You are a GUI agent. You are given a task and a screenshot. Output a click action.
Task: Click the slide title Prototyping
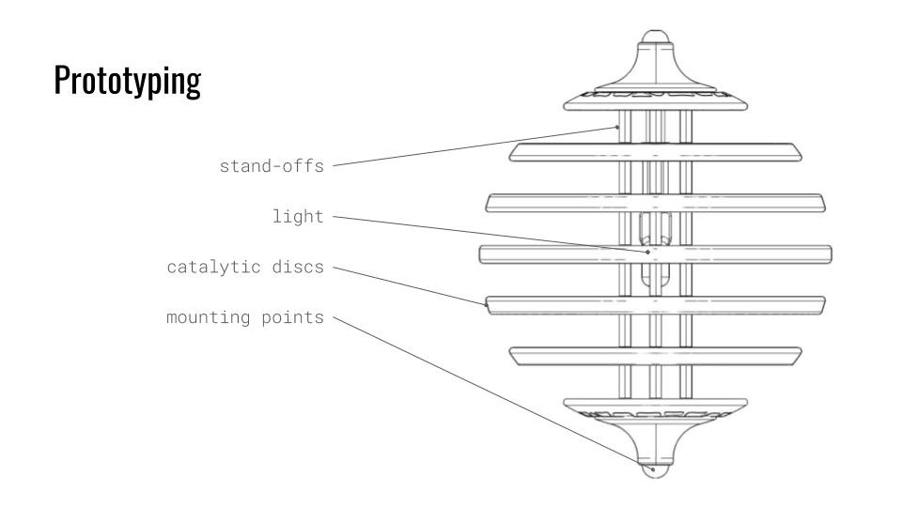[127, 83]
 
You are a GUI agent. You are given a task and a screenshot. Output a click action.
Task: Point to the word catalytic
[205, 268]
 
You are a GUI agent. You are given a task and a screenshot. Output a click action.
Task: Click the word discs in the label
[297, 268]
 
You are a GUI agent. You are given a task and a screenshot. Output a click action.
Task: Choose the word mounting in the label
[204, 317]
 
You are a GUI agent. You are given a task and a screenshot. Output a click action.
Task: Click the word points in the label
[296, 317]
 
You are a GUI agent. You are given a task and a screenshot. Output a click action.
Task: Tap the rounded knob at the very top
[655, 44]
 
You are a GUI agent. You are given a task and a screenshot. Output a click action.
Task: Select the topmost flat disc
[655, 152]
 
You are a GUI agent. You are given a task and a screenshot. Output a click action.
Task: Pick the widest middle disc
[655, 253]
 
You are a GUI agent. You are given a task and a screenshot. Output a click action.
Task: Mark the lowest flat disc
[655, 355]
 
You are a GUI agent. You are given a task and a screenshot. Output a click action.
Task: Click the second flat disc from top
[655, 203]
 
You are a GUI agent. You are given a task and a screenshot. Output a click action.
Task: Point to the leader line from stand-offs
[470, 146]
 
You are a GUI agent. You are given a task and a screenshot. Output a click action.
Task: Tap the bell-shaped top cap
[655, 80]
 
